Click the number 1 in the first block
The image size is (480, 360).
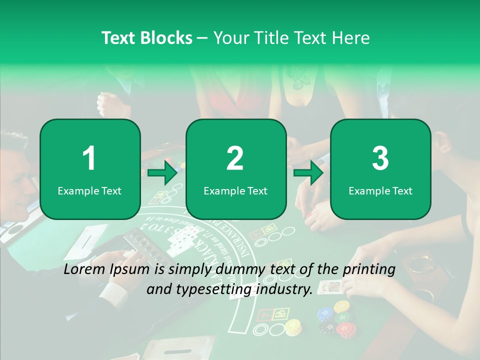click(x=89, y=158)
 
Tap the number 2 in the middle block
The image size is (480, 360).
click(x=235, y=158)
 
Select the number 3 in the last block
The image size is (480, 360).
click(x=380, y=158)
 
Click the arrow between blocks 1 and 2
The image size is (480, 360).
click(x=163, y=173)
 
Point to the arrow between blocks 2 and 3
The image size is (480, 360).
click(x=308, y=173)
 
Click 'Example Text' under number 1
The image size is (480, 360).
click(x=89, y=190)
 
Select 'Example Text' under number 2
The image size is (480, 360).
click(x=235, y=190)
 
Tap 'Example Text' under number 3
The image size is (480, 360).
click(x=380, y=190)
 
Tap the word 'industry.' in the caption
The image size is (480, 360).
click(x=290, y=289)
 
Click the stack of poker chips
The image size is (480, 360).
click(x=334, y=320)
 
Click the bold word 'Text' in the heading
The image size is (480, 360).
click(x=119, y=38)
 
